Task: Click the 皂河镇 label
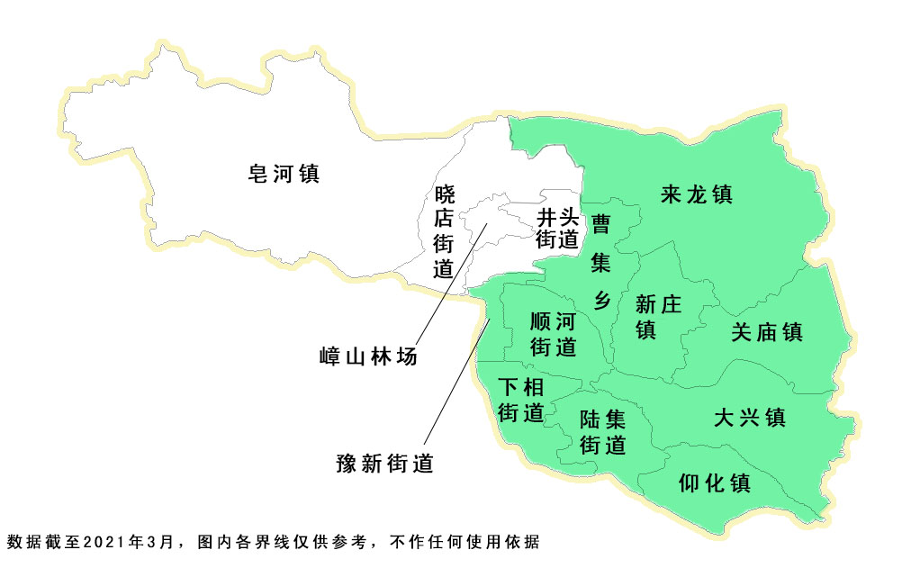coord(284,173)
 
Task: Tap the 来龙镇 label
coord(696,194)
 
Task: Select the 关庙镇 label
coord(766,332)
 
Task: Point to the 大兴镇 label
coord(750,418)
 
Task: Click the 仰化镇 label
coord(714,482)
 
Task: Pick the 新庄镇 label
coord(658,316)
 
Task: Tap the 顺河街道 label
coord(553,334)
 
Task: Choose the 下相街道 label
coord(521,401)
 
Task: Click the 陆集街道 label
coord(602,432)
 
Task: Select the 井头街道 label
coord(557,229)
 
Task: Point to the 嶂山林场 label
coord(369,356)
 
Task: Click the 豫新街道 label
coord(384,464)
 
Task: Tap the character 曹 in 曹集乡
coord(600,223)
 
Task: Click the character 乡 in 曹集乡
coord(601,299)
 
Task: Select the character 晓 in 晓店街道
coord(446,193)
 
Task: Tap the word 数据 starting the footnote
coord(23,542)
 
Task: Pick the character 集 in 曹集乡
coord(600,262)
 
